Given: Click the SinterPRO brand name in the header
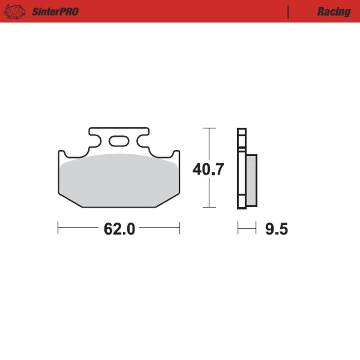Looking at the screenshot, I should click(55, 11).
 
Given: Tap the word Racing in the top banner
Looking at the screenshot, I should click(333, 12).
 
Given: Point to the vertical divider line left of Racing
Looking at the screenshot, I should click(288, 12).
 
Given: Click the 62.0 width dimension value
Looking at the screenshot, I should click(119, 229).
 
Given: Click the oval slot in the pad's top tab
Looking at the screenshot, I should click(119, 141).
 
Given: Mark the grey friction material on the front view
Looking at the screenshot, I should click(119, 180).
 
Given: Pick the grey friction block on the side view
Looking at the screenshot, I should click(251, 180).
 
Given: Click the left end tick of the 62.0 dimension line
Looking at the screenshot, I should click(58, 228).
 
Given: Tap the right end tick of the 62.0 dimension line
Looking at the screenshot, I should click(180, 228).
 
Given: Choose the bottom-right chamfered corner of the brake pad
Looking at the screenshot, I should click(167, 201).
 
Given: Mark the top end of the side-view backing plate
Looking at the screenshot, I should click(242, 130).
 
